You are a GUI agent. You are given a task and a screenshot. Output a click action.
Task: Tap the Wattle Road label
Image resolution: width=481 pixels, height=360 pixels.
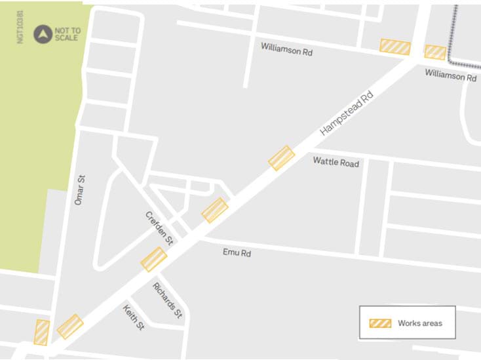(x=336, y=161)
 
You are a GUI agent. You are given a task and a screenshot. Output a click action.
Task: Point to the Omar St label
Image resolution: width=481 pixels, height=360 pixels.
(x=80, y=190)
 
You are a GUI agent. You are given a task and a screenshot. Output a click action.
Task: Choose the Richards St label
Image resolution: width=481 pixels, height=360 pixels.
(x=167, y=300)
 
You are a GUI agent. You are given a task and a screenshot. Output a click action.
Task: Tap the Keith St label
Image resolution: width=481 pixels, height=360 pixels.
(x=134, y=317)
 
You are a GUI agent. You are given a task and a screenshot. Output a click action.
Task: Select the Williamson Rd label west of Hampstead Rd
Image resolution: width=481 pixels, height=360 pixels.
(x=286, y=49)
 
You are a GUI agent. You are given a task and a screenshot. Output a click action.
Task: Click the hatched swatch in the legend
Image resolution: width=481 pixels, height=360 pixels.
(x=380, y=323)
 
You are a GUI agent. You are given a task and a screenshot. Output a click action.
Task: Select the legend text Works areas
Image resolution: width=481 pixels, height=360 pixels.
(x=419, y=323)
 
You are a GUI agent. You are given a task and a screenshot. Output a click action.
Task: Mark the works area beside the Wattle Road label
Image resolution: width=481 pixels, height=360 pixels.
(x=282, y=158)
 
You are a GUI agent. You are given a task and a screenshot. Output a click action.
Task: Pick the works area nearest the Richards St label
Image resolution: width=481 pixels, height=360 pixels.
(x=154, y=260)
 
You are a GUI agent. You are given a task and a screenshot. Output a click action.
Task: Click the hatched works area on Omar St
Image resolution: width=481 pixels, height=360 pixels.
(x=41, y=332)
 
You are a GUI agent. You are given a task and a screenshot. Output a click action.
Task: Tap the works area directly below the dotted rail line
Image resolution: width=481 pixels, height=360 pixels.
(x=434, y=52)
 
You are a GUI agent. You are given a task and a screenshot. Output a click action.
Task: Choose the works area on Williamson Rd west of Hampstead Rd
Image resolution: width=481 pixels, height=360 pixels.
(x=395, y=47)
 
